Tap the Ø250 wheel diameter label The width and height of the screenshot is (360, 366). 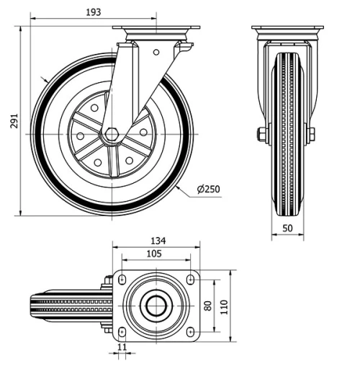(208, 189)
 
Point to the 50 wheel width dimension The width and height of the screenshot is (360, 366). (287, 228)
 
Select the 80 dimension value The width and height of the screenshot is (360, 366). (209, 306)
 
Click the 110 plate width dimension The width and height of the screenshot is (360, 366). (224, 306)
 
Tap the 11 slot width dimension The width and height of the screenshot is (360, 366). (121, 347)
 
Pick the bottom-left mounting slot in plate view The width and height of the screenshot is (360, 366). (122, 332)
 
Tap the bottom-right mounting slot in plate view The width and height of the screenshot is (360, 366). (189, 332)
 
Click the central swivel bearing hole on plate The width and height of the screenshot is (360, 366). (156, 305)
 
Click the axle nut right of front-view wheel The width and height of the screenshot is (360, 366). (311, 135)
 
